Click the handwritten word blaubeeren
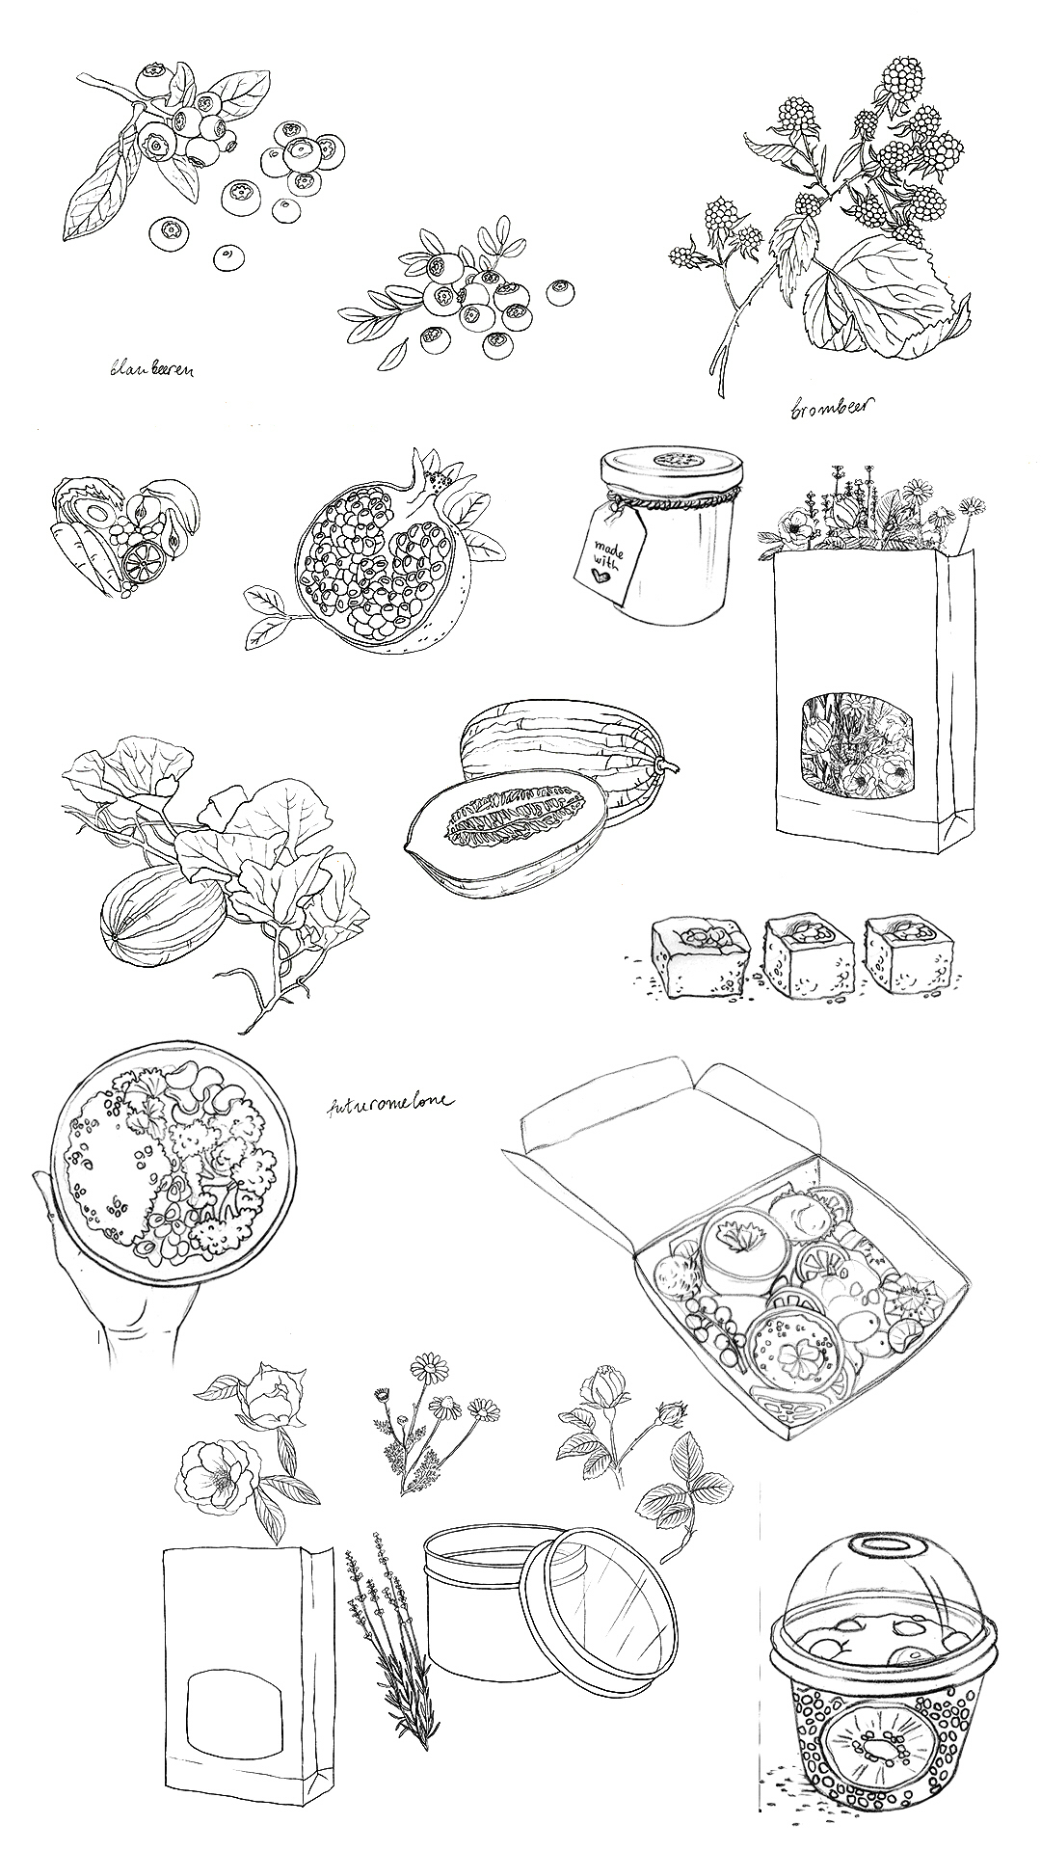151,367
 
